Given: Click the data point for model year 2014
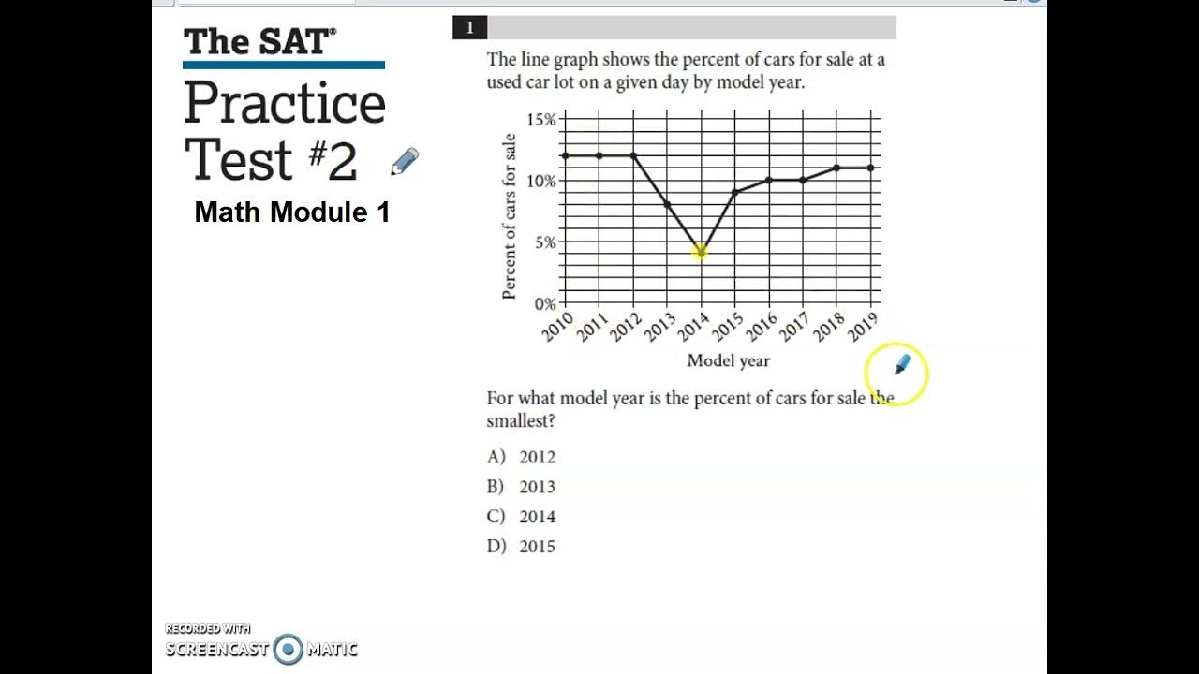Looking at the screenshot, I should (x=701, y=253).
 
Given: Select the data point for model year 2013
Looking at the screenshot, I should (x=667, y=204).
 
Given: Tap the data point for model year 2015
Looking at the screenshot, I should (x=735, y=192).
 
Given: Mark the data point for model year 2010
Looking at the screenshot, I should (x=565, y=155).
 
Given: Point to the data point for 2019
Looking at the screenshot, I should (x=871, y=168).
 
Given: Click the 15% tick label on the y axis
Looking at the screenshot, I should (x=540, y=119).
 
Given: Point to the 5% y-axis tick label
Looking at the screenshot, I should (x=544, y=242).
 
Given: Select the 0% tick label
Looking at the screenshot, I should (x=544, y=303).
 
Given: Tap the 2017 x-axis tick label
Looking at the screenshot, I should (x=794, y=327).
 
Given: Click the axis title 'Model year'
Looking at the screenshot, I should (x=728, y=360).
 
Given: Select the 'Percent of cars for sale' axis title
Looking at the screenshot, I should (x=510, y=216).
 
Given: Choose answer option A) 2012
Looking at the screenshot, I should (x=521, y=457).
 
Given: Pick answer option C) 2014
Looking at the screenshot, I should (x=521, y=517).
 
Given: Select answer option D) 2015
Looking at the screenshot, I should (x=521, y=547).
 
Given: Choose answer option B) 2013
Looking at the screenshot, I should (x=521, y=487).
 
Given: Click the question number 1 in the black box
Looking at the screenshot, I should (x=469, y=28).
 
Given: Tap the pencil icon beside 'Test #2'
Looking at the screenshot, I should (x=405, y=162).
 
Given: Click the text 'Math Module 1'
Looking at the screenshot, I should (x=291, y=212).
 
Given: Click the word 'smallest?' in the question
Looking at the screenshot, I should (x=521, y=421).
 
